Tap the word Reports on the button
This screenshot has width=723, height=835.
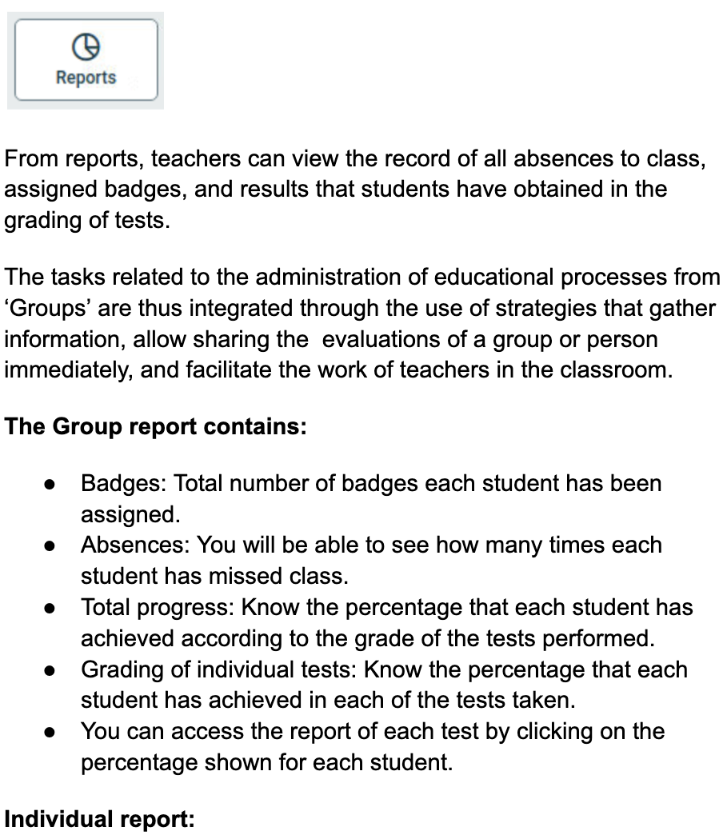(x=86, y=78)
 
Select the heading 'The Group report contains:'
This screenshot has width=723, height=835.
(x=156, y=426)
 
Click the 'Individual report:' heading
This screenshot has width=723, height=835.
(x=99, y=820)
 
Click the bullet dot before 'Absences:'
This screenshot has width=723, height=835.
(x=50, y=546)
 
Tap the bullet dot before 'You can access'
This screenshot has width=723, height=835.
(x=50, y=733)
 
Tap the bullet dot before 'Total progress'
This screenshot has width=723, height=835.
(x=50, y=609)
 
